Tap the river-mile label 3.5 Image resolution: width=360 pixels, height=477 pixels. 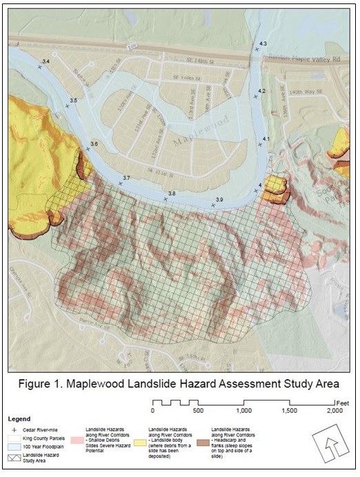pyautogui.click(x=73, y=101)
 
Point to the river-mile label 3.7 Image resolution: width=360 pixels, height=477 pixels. pyautogui.click(x=126, y=179)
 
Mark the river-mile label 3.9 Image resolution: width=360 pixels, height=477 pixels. pyautogui.click(x=219, y=200)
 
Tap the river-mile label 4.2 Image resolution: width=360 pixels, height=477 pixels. pyautogui.click(x=261, y=91)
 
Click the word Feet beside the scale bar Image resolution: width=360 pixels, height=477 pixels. pyautogui.click(x=344, y=401)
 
